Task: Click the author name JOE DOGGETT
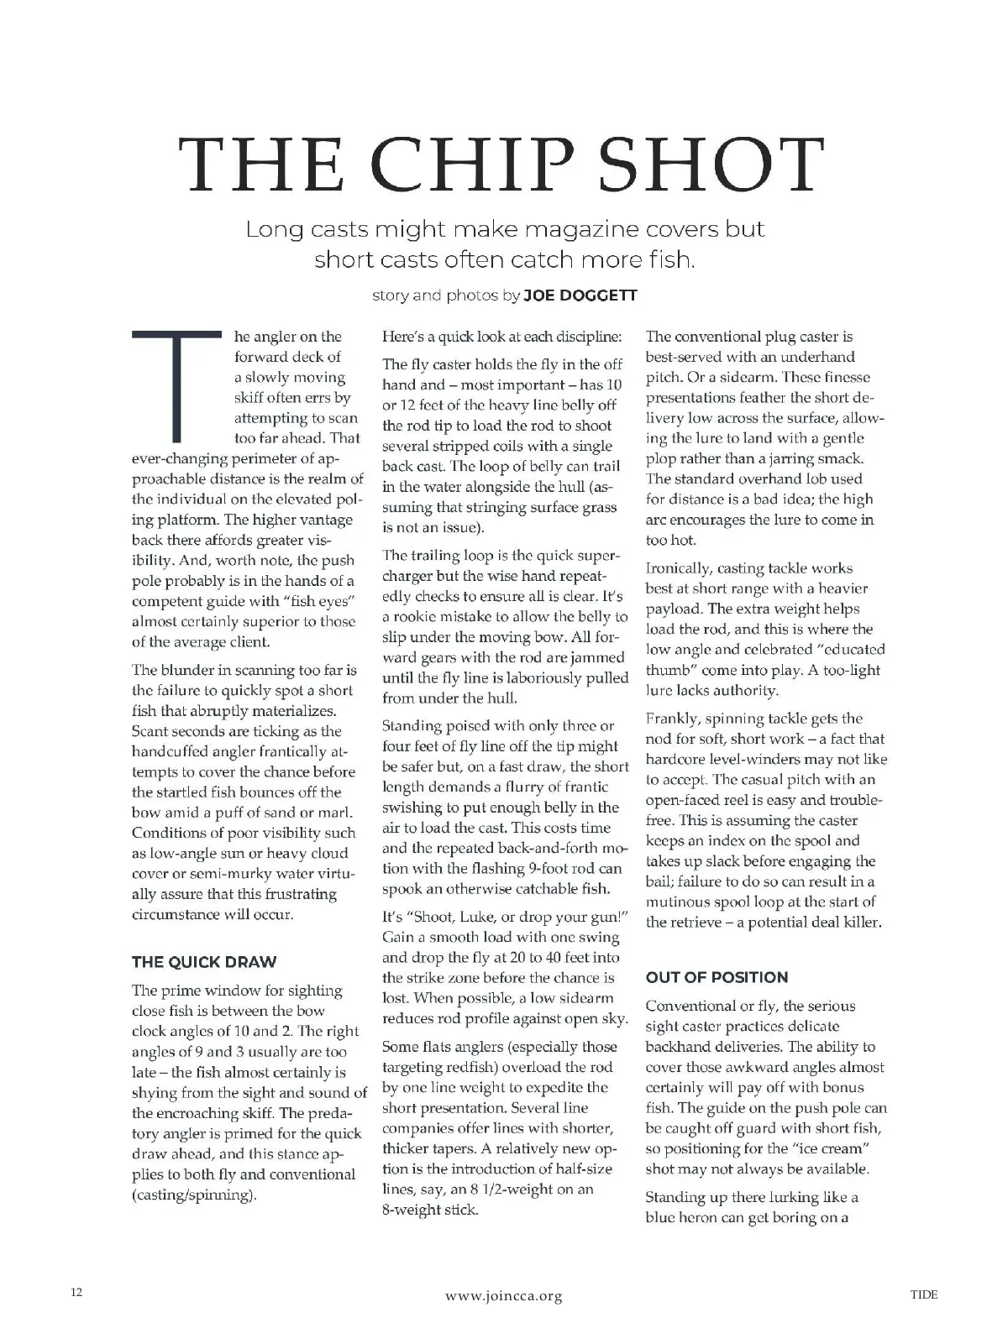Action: (x=580, y=295)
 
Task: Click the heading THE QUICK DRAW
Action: (x=204, y=962)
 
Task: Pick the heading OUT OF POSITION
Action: (x=717, y=977)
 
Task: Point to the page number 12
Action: (x=76, y=1294)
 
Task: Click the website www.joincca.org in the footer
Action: (x=503, y=1296)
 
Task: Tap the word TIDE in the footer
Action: (x=924, y=1294)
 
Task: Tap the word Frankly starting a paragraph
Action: (x=673, y=719)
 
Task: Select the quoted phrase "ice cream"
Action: (x=833, y=1148)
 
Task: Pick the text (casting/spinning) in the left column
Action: (x=194, y=1195)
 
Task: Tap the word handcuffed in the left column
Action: (x=173, y=751)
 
